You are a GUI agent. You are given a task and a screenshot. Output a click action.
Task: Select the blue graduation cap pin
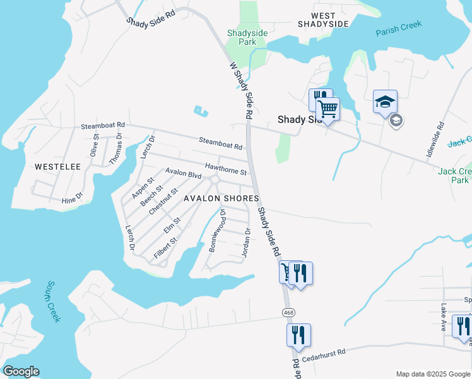[385, 102]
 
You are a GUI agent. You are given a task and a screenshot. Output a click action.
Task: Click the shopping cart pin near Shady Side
[327, 110]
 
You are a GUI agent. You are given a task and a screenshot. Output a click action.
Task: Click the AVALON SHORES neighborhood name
[221, 198]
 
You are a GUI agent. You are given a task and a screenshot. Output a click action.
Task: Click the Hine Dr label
[73, 199]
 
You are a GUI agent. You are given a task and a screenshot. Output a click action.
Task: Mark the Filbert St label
[165, 248]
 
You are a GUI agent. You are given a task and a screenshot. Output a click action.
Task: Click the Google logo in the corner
[21, 371]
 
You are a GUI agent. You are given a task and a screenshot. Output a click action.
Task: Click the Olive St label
[95, 145]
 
